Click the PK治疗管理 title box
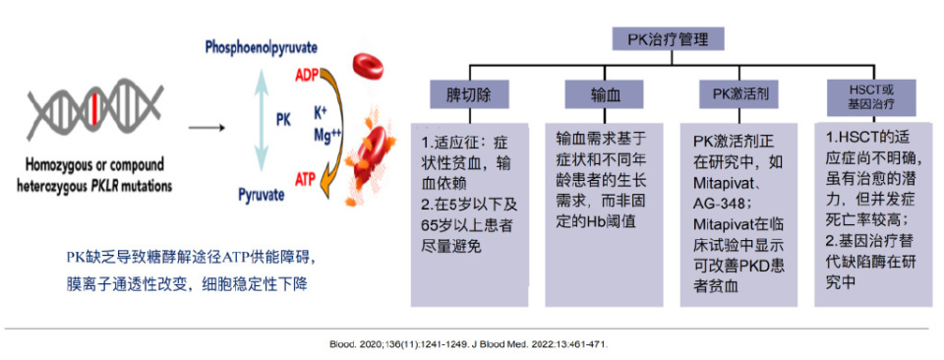(x=668, y=40)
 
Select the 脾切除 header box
(x=470, y=94)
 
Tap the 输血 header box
(x=604, y=94)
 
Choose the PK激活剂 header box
(x=739, y=94)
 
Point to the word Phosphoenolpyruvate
(x=262, y=47)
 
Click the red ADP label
(x=307, y=76)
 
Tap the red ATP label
(x=306, y=179)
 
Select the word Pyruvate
(x=262, y=195)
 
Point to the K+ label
(x=322, y=112)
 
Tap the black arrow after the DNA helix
(x=206, y=128)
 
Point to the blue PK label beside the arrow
(x=283, y=120)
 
